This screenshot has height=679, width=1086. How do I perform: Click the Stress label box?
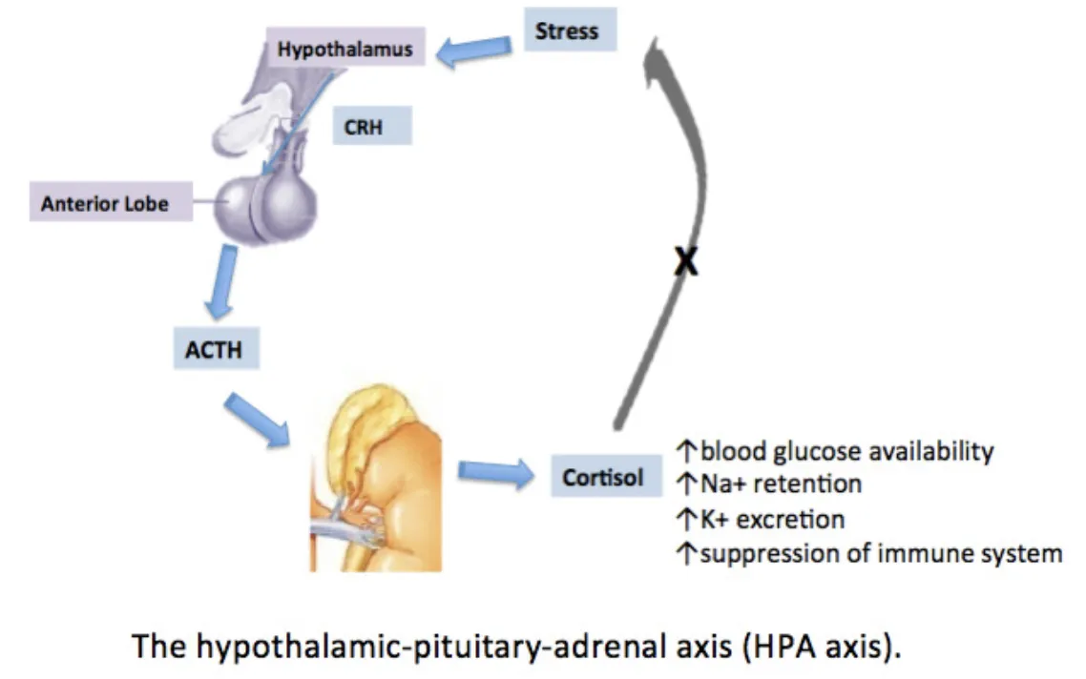(570, 31)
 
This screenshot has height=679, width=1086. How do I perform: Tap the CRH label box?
(371, 125)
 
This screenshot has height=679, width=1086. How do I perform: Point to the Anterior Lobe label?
(104, 203)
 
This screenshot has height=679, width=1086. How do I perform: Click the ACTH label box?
(213, 350)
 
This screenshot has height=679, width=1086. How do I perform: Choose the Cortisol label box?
(602, 477)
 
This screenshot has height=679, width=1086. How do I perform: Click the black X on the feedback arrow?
(684, 261)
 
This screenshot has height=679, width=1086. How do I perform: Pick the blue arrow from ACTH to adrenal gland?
(254, 417)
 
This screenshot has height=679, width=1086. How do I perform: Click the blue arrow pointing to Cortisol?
(493, 472)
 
